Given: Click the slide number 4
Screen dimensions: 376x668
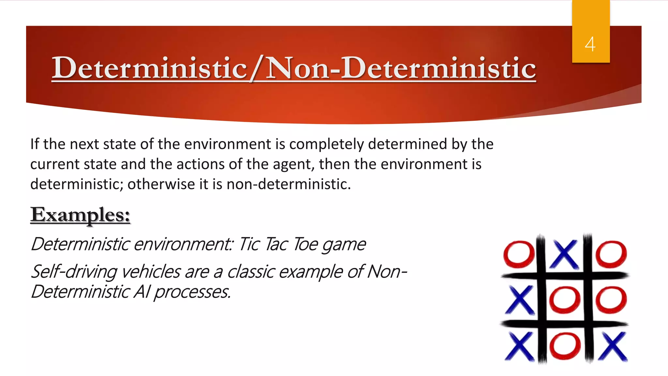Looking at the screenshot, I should [x=590, y=44].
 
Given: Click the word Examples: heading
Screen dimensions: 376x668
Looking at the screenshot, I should [x=80, y=215].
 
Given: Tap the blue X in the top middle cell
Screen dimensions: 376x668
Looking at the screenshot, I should [x=565, y=254].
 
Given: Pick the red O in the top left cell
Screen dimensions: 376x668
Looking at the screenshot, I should [x=519, y=254].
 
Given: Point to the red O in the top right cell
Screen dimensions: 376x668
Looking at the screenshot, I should [x=611, y=254].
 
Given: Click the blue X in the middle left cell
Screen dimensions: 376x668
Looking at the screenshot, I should [x=521, y=300].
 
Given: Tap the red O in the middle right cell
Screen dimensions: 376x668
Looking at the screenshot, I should [x=611, y=300].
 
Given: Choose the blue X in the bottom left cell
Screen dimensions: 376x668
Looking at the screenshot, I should [x=521, y=347].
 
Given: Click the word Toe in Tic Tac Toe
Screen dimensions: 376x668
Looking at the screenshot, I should [x=305, y=244].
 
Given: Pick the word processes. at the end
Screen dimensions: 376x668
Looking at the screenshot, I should [x=192, y=292].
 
